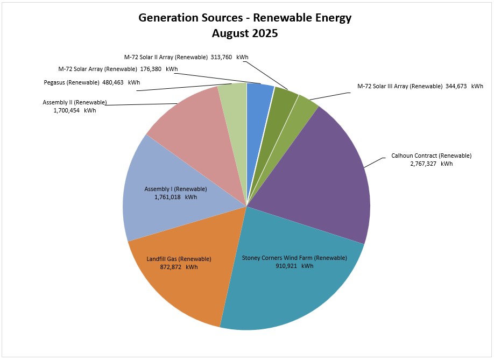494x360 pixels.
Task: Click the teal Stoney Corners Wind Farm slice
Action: tap(291, 291)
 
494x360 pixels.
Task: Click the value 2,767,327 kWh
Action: tap(431, 164)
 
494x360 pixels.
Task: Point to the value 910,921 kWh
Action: tap(294, 266)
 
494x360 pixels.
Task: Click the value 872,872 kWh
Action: tap(179, 267)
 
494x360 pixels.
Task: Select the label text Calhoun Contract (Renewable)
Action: tap(431, 156)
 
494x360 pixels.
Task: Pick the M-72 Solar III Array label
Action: tap(399, 86)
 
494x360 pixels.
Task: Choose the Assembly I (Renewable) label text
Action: tap(175, 189)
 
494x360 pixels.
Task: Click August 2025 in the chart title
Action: tap(245, 33)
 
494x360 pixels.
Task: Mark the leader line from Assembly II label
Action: tap(140, 104)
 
